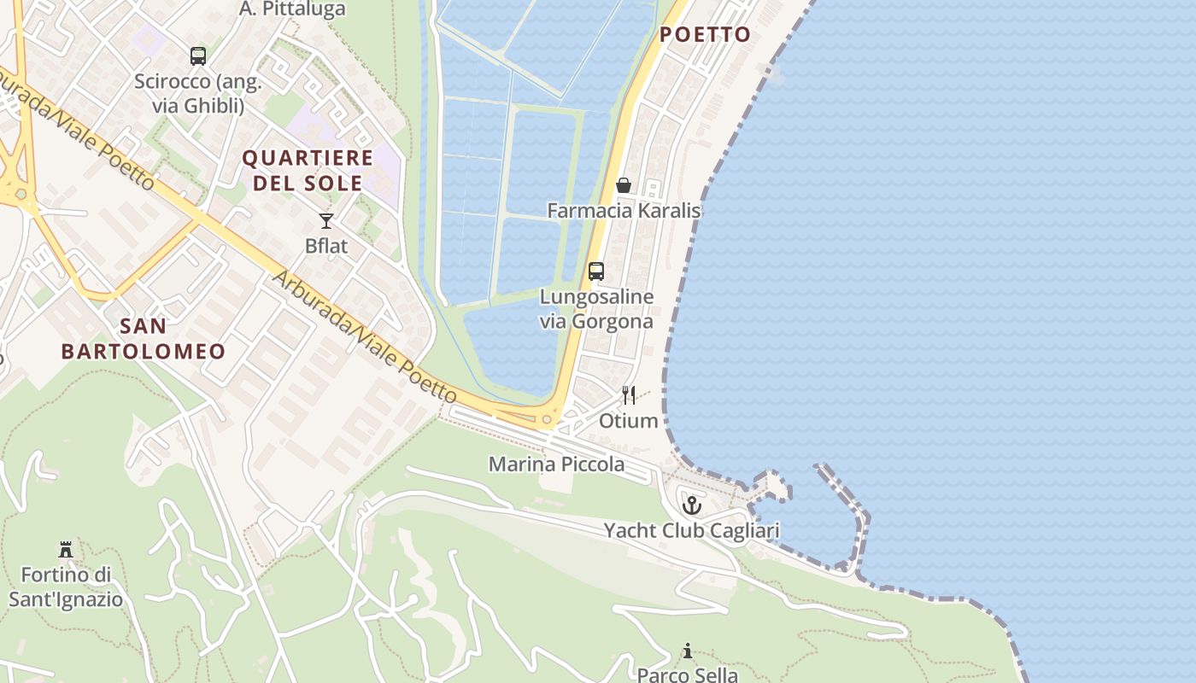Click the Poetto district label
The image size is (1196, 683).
pos(705,35)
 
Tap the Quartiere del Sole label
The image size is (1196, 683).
pos(308,170)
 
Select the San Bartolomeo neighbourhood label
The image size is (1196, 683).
pos(144,338)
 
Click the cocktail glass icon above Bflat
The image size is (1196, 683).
pos(325,221)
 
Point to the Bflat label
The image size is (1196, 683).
pos(326,246)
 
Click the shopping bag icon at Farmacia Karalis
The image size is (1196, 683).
pos(624,185)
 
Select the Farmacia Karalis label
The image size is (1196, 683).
pos(624,210)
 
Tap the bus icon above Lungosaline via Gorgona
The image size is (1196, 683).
pos(596,271)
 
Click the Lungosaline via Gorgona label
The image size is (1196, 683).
pos(596,309)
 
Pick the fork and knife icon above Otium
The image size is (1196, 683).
pos(629,394)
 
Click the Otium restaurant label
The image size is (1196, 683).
pos(629,421)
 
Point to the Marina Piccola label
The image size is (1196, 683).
pos(556,464)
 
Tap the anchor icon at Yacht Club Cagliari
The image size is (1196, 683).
pos(691,505)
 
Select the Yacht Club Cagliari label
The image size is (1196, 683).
pos(691,531)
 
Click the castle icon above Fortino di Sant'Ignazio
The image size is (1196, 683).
pos(66,549)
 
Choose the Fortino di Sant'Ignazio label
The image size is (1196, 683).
pos(66,586)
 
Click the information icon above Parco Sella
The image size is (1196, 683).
pos(688,651)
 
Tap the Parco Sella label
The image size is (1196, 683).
pos(688,674)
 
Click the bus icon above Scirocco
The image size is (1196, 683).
pos(198,56)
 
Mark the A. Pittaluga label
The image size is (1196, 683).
pos(292,9)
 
